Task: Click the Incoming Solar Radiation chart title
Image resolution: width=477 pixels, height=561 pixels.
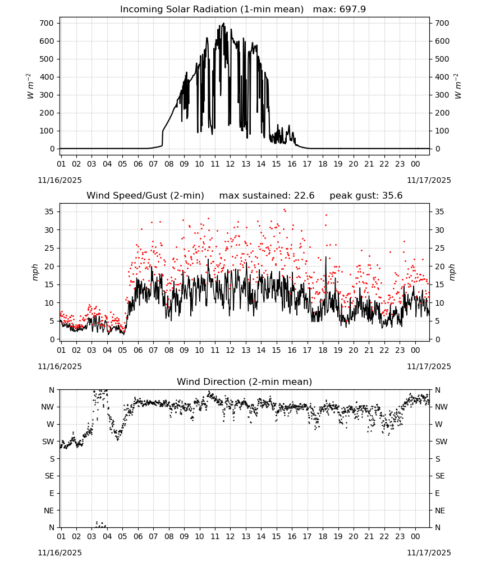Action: point(212,10)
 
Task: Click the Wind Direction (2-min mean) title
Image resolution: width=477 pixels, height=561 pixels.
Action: point(245,381)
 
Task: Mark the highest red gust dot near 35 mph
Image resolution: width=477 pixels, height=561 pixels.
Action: point(285,210)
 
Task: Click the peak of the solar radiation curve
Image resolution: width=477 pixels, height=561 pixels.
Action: point(224,24)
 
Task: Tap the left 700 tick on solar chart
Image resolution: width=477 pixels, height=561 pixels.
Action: point(47,23)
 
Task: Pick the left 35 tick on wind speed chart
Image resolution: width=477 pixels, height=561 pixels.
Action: point(49,212)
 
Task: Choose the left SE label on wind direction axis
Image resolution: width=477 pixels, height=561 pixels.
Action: point(50,476)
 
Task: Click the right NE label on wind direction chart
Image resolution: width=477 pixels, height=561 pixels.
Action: point(440,511)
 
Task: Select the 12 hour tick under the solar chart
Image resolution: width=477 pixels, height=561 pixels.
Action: point(230,164)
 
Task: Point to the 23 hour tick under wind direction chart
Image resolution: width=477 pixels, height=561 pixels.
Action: point(400,537)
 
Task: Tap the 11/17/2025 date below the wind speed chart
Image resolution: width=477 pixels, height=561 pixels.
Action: point(429,367)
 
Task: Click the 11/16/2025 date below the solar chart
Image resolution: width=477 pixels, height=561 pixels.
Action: point(59,180)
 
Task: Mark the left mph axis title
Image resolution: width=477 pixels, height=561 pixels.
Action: point(35,272)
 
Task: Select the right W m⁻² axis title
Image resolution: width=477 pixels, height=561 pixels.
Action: point(458,86)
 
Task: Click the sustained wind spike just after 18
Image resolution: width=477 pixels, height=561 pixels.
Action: point(325,257)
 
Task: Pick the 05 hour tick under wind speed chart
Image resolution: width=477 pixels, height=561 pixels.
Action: point(122,350)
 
